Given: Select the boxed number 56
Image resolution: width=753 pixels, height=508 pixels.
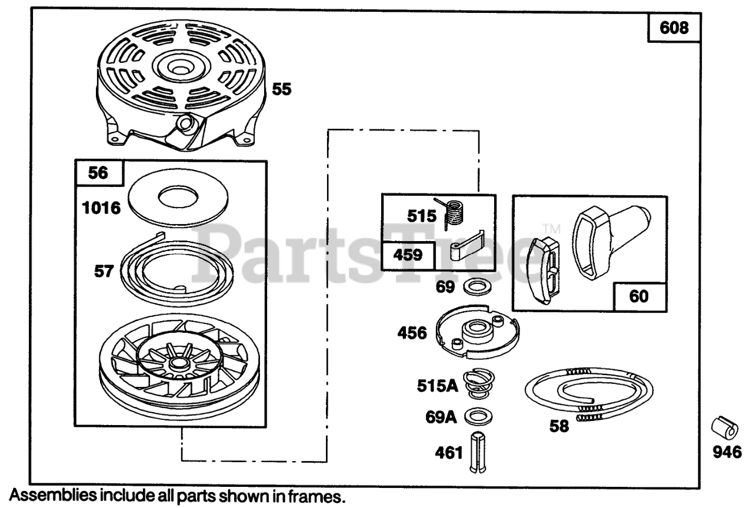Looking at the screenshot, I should (99, 172).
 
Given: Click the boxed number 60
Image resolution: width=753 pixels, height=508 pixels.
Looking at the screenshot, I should (638, 296).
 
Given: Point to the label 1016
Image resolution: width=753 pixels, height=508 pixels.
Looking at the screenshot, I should (101, 208).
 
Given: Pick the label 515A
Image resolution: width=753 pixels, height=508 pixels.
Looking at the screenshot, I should (437, 387).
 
